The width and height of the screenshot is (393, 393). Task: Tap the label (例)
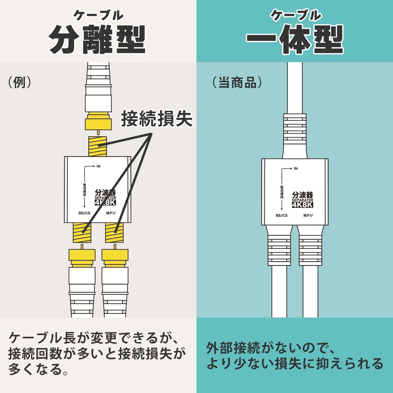(x=19, y=82)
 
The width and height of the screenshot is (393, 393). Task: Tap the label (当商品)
(x=237, y=82)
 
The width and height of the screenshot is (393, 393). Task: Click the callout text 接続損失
(x=157, y=119)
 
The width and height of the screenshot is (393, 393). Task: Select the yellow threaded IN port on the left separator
(x=97, y=146)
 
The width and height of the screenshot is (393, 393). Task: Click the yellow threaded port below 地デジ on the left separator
(x=114, y=233)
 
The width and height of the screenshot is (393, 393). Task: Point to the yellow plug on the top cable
(x=98, y=121)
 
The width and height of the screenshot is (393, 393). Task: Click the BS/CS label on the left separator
(x=84, y=213)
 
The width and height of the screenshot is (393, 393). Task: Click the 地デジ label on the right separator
(x=308, y=215)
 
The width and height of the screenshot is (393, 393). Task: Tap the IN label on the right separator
(x=296, y=169)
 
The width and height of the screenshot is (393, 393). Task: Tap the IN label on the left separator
(x=99, y=166)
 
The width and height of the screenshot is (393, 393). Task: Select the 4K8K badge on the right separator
(x=302, y=205)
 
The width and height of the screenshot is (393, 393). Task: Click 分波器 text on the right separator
(x=302, y=195)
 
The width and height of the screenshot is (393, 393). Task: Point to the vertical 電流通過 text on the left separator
(x=84, y=190)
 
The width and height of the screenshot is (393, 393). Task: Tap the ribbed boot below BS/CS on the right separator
(x=279, y=249)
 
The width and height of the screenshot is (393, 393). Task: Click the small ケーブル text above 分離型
(x=98, y=15)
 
